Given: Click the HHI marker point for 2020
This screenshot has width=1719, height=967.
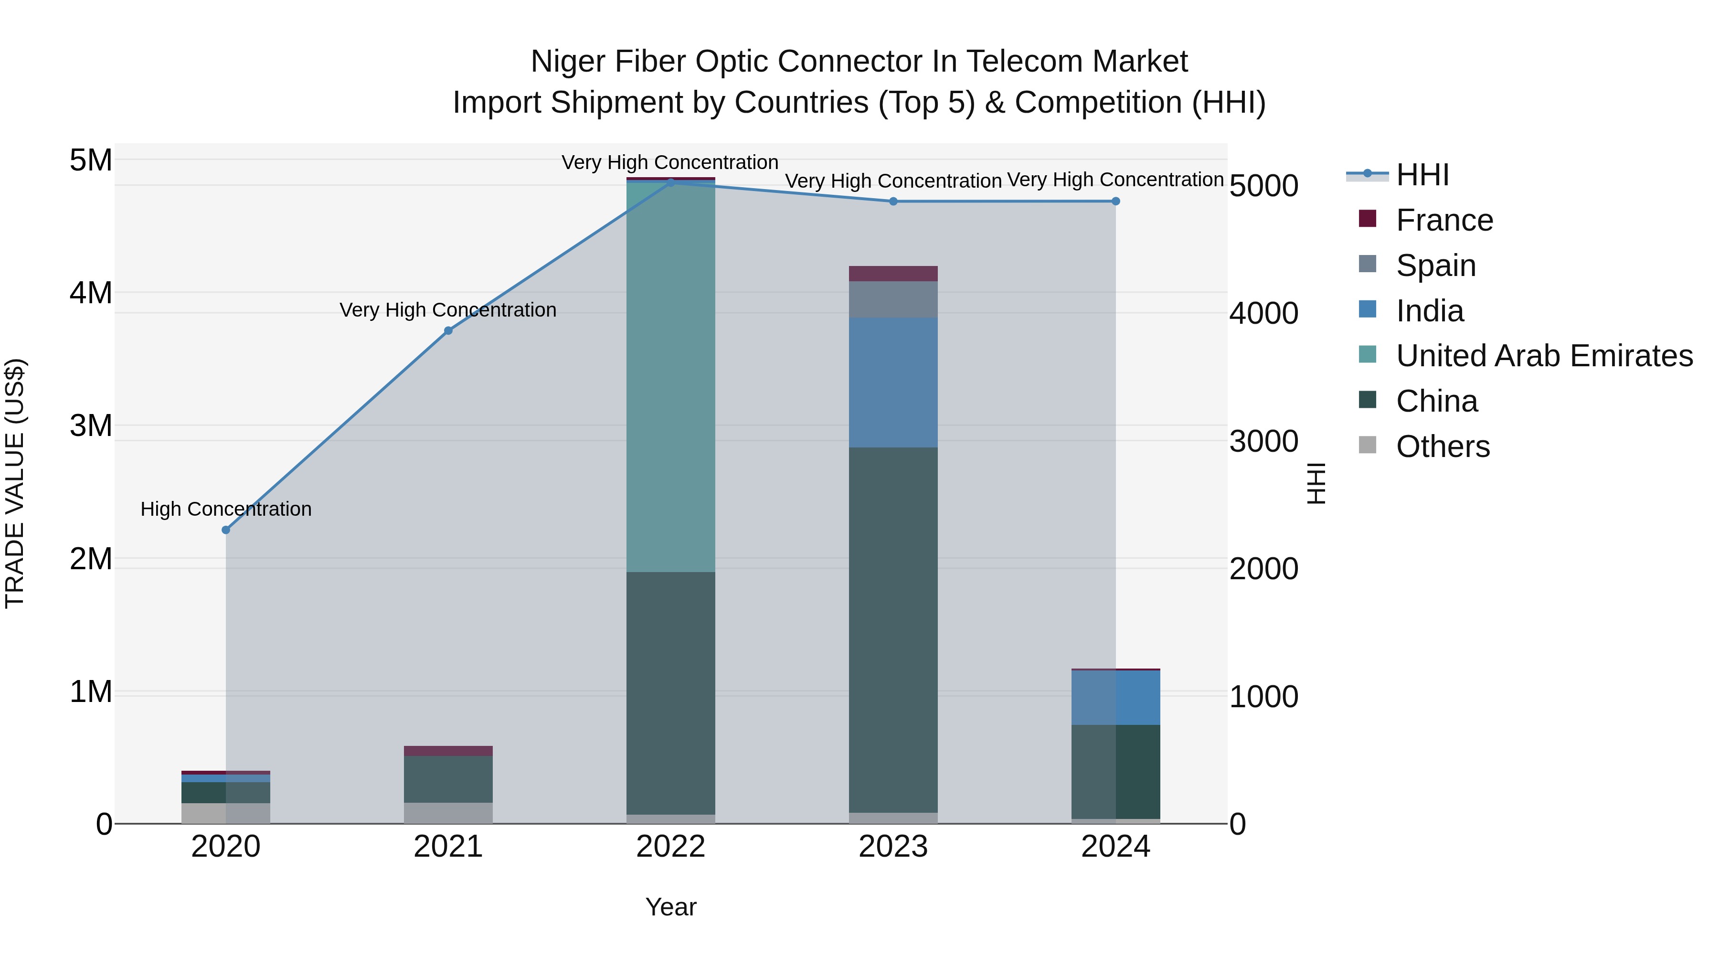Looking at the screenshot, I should tap(225, 530).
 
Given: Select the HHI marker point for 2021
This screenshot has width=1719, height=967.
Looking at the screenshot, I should tap(448, 330).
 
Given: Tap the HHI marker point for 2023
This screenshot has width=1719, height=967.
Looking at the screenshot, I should tap(893, 201).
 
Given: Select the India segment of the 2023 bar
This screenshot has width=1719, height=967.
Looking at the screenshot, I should tap(893, 383).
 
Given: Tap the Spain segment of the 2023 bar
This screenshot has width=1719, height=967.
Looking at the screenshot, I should tap(893, 299).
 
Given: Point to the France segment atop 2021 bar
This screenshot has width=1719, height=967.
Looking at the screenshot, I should tap(448, 751).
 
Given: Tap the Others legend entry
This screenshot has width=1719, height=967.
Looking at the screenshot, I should tap(1442, 446).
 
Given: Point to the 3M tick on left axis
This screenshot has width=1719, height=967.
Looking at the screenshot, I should tap(91, 425).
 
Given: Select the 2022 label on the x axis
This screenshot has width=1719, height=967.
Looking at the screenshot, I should tap(671, 847).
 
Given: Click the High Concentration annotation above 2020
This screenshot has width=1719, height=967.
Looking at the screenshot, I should tap(225, 509).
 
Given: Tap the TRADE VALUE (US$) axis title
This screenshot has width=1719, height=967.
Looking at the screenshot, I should tap(15, 483).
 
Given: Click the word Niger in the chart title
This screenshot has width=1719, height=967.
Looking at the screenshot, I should tap(567, 62).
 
